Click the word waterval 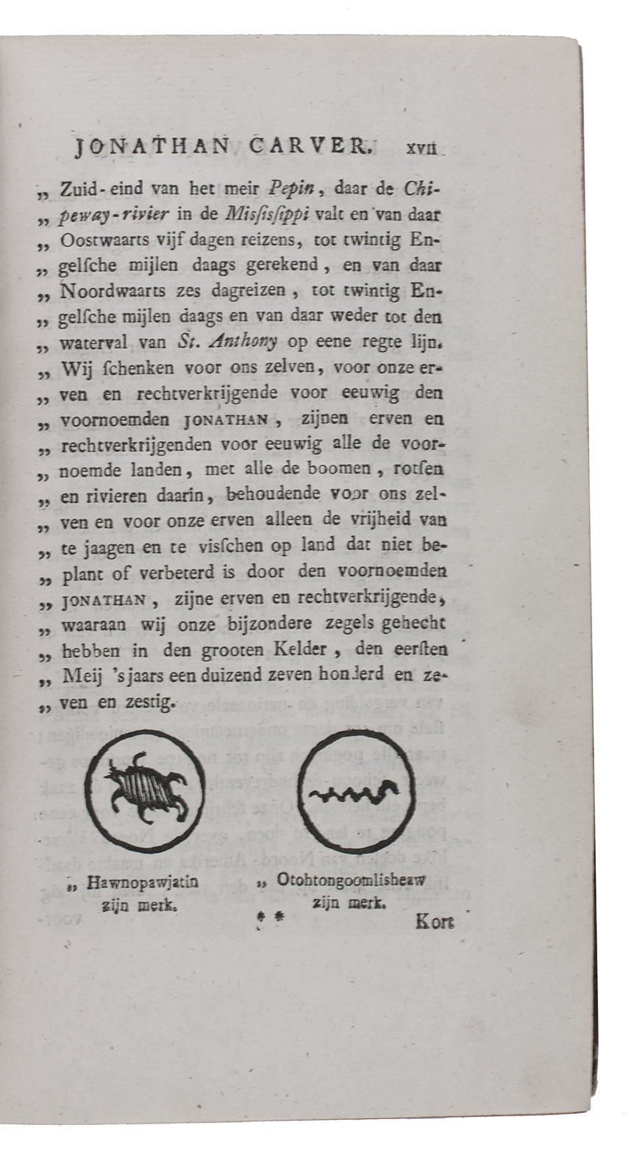90,342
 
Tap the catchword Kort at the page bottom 435,921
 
